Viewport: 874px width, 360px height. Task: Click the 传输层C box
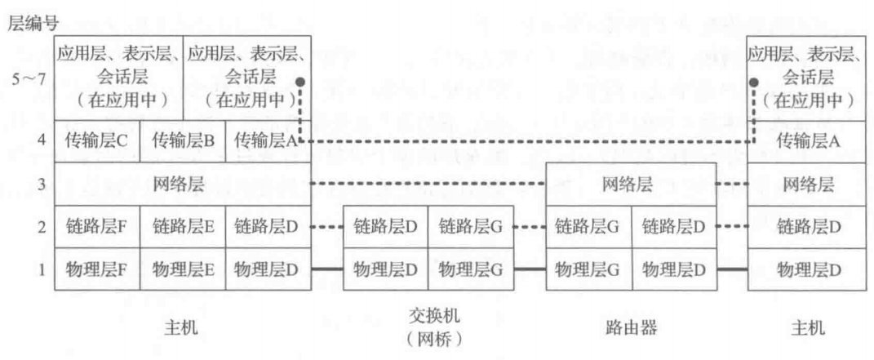pos(97,141)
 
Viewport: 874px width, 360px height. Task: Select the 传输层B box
pos(183,141)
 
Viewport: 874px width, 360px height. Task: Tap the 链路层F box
pos(97,227)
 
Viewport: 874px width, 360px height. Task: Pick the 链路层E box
pos(183,227)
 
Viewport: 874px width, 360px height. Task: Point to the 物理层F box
pos(97,269)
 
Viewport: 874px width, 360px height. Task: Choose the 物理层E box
pos(183,269)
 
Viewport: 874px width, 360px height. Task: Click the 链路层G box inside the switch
pos(471,227)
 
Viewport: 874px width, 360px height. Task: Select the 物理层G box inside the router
pos(588,269)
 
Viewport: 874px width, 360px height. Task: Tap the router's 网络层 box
pos(631,184)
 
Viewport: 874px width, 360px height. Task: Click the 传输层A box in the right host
pos(808,141)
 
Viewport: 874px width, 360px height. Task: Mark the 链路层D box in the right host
pos(808,227)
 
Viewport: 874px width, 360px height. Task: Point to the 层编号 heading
pos(33,24)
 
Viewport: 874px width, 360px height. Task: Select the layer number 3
pos(42,184)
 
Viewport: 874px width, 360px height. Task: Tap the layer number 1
pos(42,269)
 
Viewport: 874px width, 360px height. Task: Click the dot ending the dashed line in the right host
pos(753,82)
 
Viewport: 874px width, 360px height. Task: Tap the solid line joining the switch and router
pos(530,269)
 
